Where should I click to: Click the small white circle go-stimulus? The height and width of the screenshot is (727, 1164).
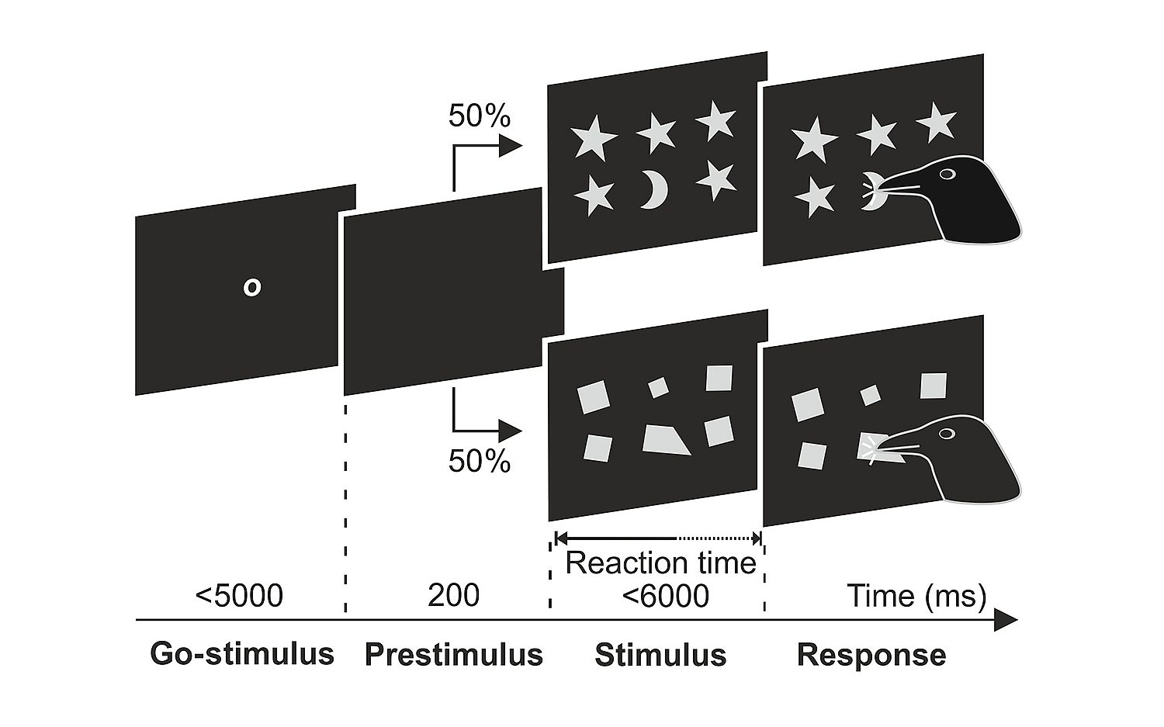[x=251, y=287]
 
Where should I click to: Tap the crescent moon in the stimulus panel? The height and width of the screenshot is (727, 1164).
[x=653, y=191]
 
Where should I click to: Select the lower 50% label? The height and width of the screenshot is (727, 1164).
[x=479, y=462]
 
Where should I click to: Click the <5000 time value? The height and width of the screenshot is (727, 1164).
[x=239, y=596]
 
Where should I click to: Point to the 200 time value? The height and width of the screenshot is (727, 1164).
[x=453, y=596]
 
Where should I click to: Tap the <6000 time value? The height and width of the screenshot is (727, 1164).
[x=665, y=596]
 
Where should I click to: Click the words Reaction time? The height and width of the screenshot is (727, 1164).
[x=660, y=563]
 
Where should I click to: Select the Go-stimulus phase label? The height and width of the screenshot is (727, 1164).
[x=241, y=654]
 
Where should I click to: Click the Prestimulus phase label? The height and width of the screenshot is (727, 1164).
[x=453, y=655]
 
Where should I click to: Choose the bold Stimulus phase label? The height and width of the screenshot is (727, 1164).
[x=660, y=655]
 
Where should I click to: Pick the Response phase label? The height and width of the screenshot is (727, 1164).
[x=871, y=655]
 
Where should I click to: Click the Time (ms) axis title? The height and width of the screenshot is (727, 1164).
[x=916, y=596]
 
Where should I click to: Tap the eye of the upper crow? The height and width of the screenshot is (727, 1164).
[x=946, y=174]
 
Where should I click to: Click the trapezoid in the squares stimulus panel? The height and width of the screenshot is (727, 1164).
[x=665, y=440]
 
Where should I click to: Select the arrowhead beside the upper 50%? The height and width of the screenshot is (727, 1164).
[x=509, y=145]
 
